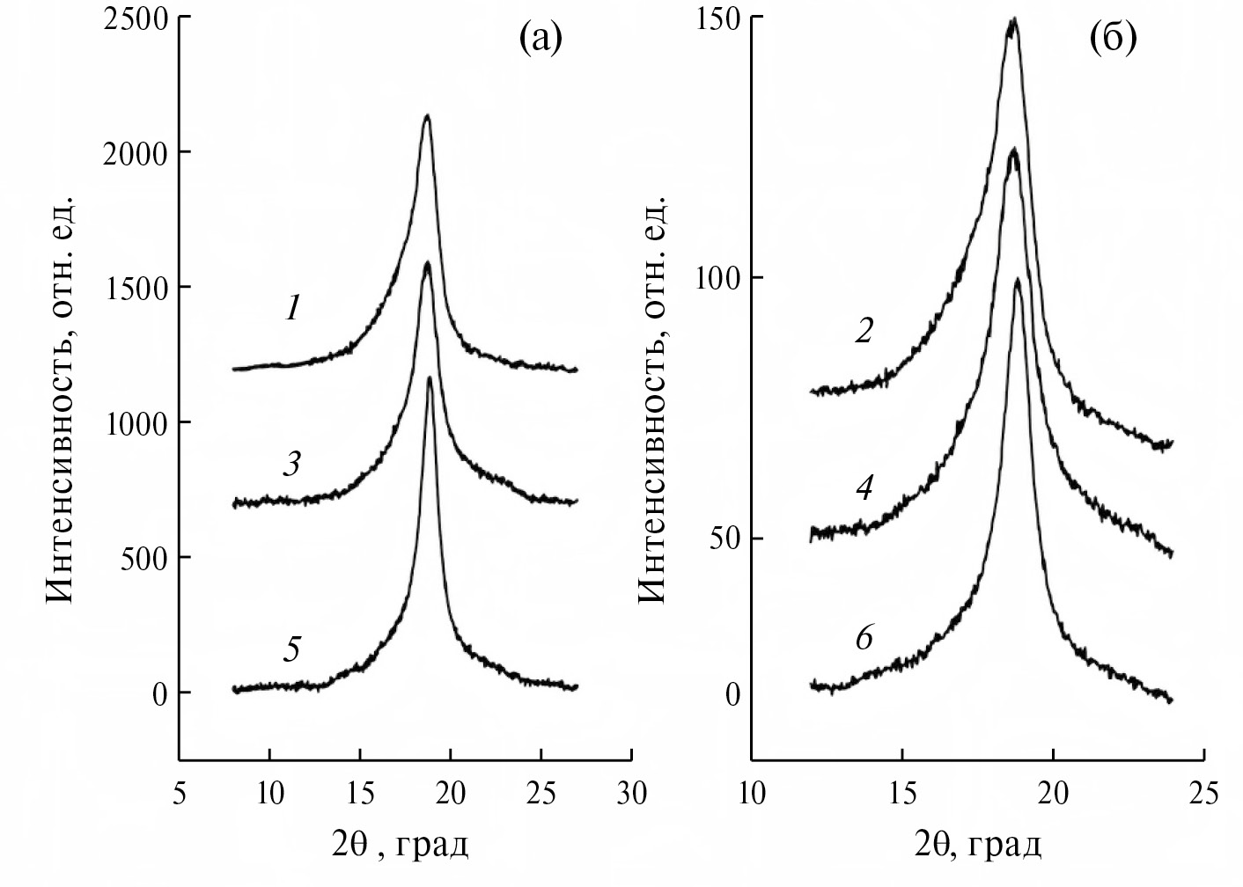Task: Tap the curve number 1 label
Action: (293, 307)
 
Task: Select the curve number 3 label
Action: (291, 464)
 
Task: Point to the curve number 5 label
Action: (292, 650)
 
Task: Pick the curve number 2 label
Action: (864, 331)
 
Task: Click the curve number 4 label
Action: (864, 487)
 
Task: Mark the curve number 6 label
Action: (864, 638)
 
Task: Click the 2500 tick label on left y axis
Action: (135, 19)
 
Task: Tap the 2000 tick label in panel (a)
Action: (135, 153)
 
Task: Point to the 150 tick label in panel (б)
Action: (715, 19)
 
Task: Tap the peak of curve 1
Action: (427, 116)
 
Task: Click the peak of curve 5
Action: (429, 378)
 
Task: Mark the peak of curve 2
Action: (1013, 19)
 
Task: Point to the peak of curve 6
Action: (1018, 280)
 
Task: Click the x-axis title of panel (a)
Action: (405, 846)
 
